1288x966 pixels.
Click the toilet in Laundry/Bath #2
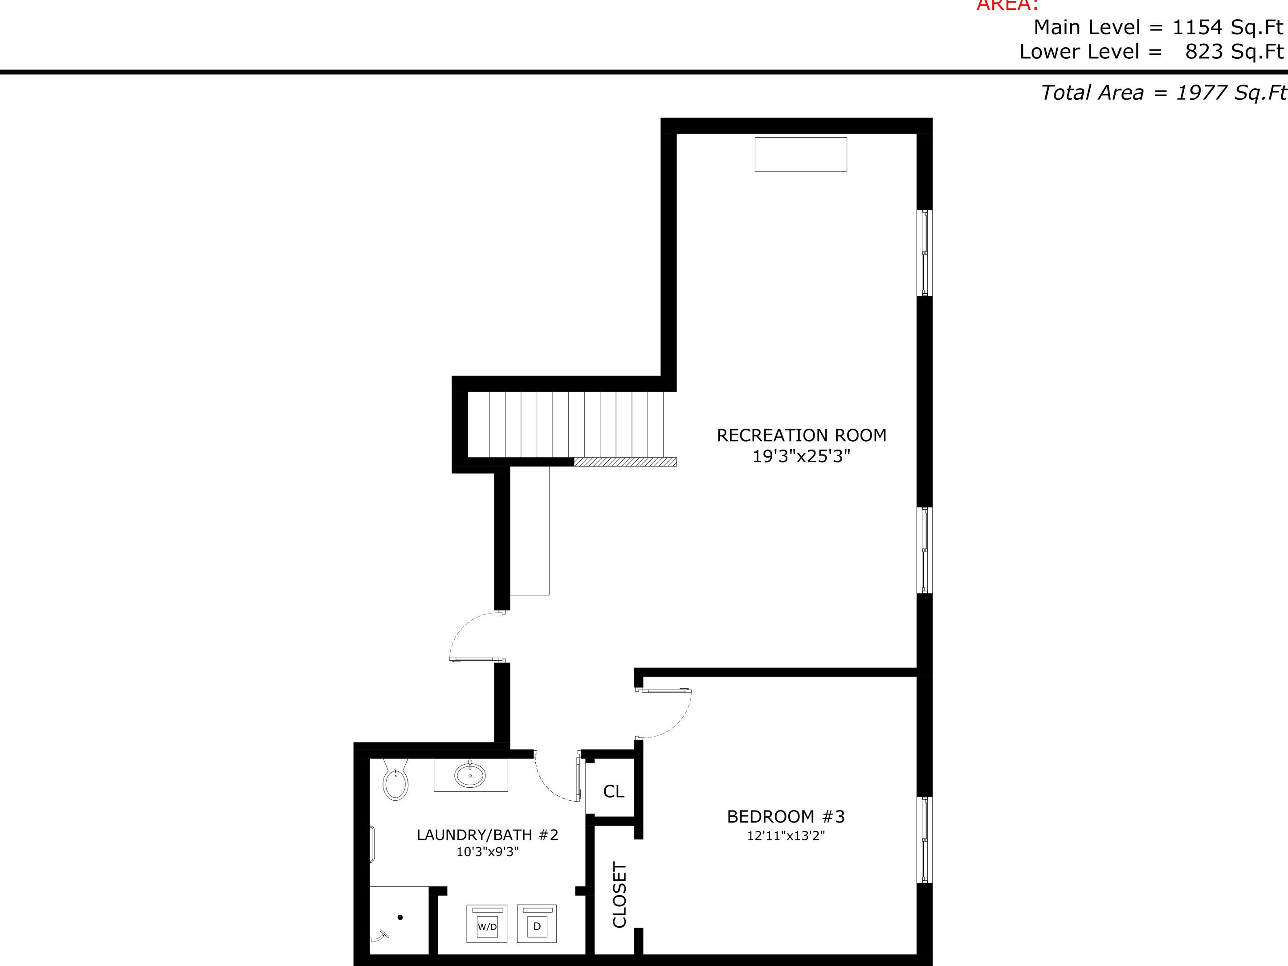(395, 782)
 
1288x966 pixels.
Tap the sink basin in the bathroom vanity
(470, 775)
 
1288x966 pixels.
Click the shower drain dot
(400, 917)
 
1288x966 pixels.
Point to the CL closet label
(614, 791)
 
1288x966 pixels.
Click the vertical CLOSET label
(620, 894)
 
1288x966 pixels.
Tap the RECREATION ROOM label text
(801, 435)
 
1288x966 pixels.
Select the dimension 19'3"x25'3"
(801, 456)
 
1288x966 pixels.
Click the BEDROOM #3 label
(786, 816)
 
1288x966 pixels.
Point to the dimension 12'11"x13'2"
(786, 836)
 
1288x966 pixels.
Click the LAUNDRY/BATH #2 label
(487, 835)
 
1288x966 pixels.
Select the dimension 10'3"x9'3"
(487, 852)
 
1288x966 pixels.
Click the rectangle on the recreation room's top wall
(801, 155)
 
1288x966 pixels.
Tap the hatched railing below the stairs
(625, 462)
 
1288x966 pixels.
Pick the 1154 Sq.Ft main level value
(1227, 27)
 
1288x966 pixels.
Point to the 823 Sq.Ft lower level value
(1234, 52)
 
